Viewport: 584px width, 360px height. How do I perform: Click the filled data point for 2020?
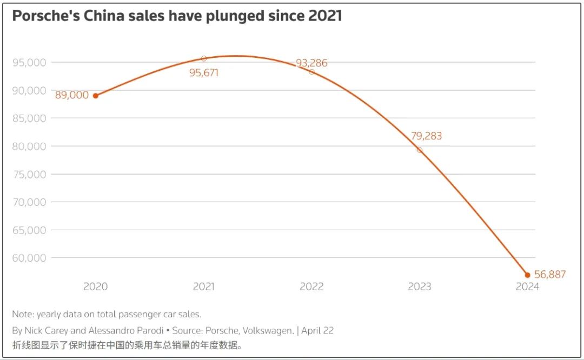(x=96, y=96)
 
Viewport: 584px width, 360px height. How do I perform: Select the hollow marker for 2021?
(x=204, y=58)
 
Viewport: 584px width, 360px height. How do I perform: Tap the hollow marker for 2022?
(x=311, y=72)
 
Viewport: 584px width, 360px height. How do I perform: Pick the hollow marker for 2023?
(x=420, y=150)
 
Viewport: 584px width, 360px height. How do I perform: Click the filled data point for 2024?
(x=528, y=275)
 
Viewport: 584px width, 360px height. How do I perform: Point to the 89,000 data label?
(x=72, y=95)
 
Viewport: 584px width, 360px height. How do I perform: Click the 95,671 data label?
(x=204, y=72)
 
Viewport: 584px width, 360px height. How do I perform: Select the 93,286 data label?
(x=311, y=63)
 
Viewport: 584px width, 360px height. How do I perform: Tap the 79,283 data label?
(x=426, y=136)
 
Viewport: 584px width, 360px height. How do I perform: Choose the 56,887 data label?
(x=550, y=275)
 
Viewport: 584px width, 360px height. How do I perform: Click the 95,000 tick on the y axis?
(x=29, y=62)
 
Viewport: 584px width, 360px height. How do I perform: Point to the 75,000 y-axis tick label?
(x=29, y=174)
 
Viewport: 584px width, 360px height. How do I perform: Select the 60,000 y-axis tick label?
(x=29, y=258)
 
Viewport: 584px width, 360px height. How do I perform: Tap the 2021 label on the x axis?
(x=204, y=286)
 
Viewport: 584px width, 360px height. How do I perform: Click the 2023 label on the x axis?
(x=420, y=286)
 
